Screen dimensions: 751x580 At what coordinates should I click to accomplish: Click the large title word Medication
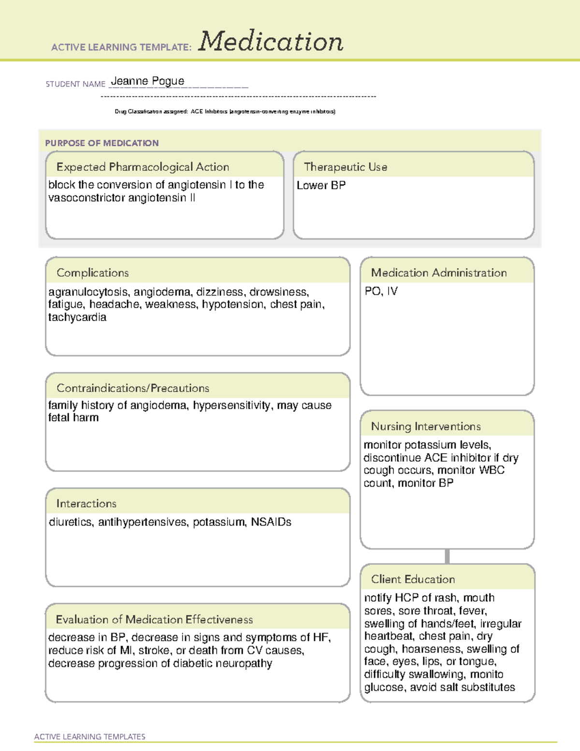click(271, 42)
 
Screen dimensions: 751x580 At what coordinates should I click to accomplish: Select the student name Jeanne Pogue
click(147, 81)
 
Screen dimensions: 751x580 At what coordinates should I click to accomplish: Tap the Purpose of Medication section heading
click(101, 143)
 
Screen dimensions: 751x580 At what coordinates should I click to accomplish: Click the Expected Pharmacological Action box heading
click(143, 167)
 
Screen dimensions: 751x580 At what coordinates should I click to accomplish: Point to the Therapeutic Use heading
click(345, 167)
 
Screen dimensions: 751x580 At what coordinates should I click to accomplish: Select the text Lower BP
click(321, 186)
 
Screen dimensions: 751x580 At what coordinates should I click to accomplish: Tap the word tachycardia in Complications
click(77, 318)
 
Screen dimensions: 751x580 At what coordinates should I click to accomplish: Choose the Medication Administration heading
click(438, 273)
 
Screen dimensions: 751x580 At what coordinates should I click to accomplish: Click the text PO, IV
click(381, 291)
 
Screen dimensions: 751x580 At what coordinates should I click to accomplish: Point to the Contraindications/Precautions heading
click(133, 388)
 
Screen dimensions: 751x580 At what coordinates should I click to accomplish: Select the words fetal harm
click(73, 418)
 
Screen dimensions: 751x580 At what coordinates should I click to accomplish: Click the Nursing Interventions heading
click(425, 427)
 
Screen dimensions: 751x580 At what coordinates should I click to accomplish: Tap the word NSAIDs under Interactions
click(271, 522)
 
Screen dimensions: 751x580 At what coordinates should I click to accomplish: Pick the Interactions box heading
click(87, 504)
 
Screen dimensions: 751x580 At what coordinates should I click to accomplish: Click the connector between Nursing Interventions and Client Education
click(447, 556)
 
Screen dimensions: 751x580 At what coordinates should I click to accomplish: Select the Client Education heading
click(413, 579)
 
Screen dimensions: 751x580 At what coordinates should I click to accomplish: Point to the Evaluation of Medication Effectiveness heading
click(154, 620)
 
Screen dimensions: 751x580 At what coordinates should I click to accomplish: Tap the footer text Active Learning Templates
click(90, 736)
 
